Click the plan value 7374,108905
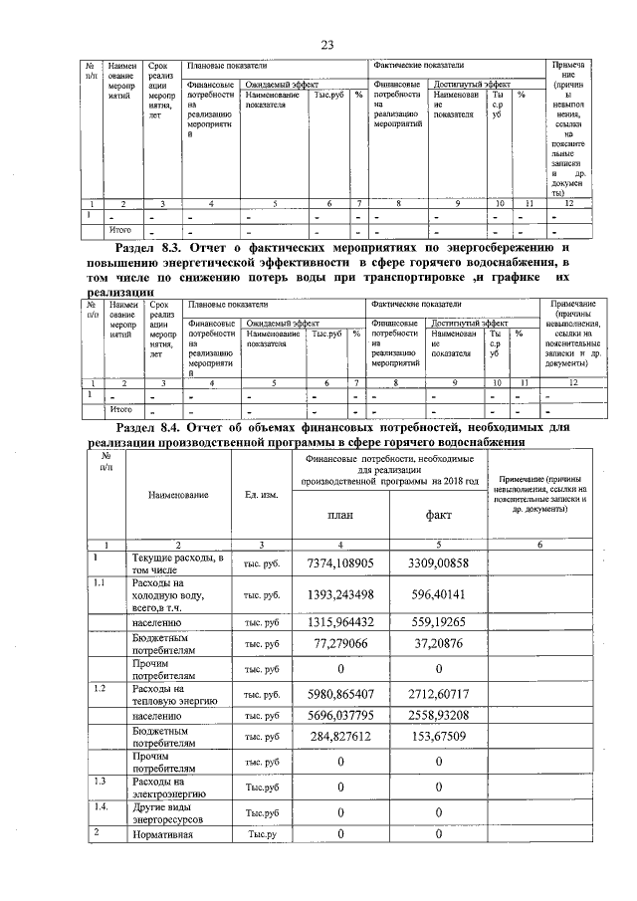click(x=340, y=563)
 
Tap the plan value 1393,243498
click(x=340, y=593)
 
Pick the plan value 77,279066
click(x=340, y=645)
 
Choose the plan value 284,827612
click(x=340, y=737)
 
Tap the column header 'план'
click(x=340, y=515)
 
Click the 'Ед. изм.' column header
click(x=261, y=495)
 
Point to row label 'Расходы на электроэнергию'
click(x=167, y=789)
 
